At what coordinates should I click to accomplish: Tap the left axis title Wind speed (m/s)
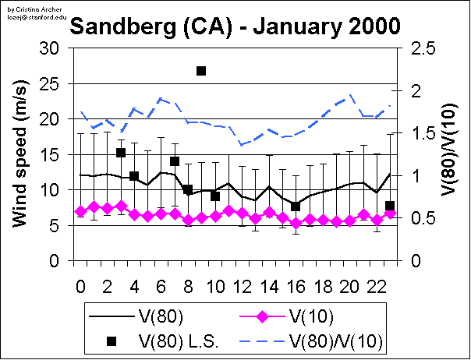coord(21,154)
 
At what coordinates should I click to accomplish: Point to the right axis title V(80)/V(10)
coord(448,154)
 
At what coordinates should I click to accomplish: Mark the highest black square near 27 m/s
coord(201,71)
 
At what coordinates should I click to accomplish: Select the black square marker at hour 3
coord(121,153)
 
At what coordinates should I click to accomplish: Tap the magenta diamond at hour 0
coord(80,211)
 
